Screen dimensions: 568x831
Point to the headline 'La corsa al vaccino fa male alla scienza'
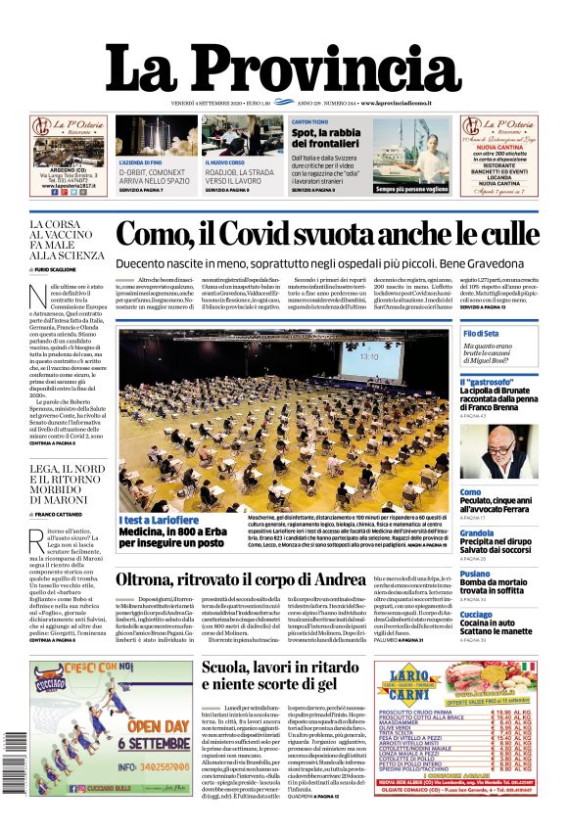(66, 241)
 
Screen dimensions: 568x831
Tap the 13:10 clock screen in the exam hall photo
(368, 357)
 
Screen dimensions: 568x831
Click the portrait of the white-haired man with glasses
(498, 451)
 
